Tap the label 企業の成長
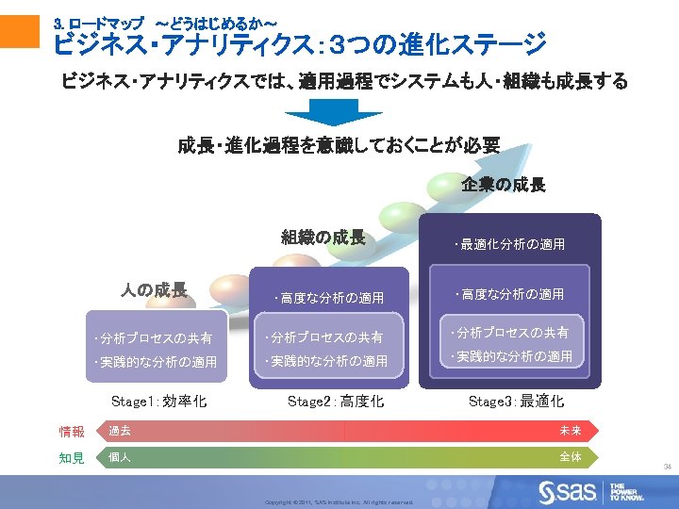click(504, 185)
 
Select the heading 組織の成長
click(323, 238)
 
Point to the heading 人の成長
click(154, 289)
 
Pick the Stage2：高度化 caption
click(335, 402)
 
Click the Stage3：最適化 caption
click(516, 402)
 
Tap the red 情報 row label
click(72, 432)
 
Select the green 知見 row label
click(72, 458)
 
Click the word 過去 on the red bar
click(120, 431)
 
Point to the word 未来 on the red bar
click(571, 431)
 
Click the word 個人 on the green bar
click(120, 457)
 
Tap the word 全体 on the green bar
click(571, 457)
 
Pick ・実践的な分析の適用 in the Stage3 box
click(512, 356)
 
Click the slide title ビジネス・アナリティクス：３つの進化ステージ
click(300, 43)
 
